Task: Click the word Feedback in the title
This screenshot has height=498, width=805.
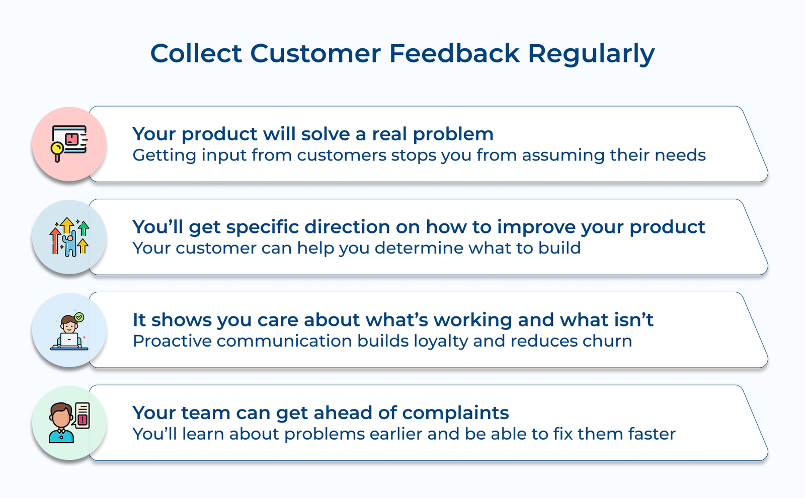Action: tap(454, 53)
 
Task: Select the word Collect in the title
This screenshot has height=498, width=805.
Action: tap(196, 53)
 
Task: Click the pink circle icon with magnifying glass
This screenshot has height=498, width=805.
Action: tap(69, 144)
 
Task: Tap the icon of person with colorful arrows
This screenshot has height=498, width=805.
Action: tap(69, 237)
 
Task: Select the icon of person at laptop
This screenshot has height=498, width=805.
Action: tap(69, 330)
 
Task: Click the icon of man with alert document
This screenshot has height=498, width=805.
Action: tap(69, 423)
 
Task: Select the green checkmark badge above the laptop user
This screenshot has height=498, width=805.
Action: tap(79, 317)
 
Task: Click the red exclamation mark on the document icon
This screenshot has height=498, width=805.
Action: tap(83, 420)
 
